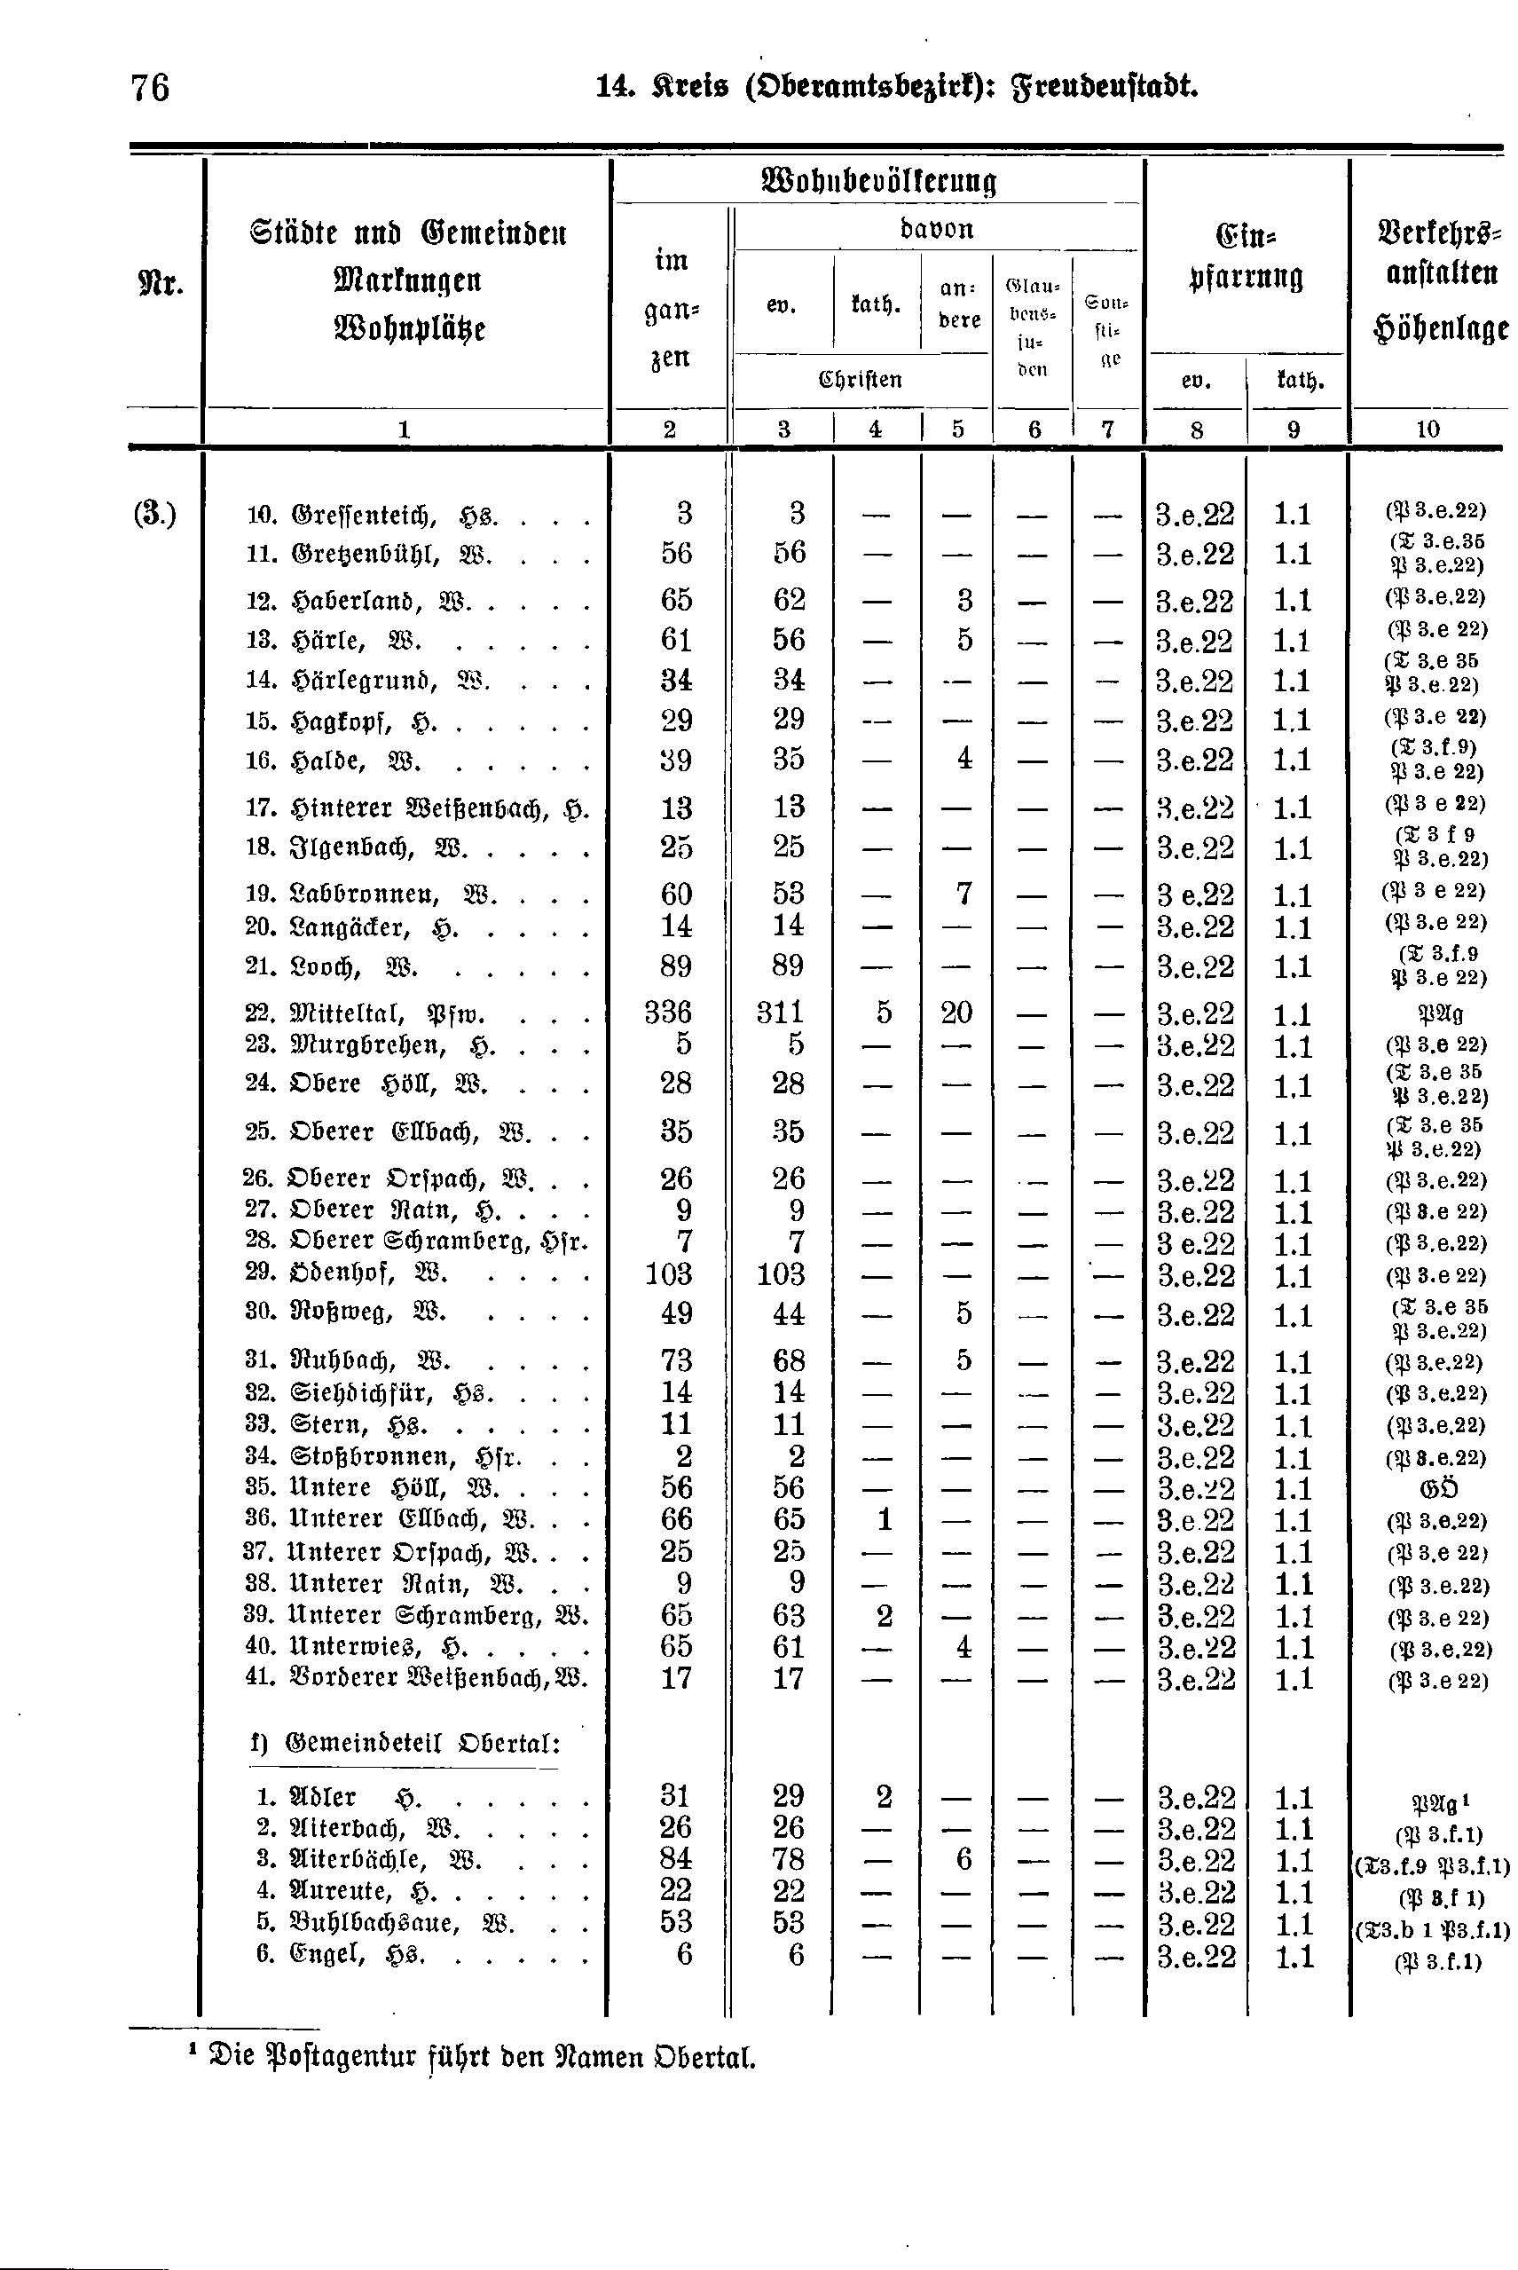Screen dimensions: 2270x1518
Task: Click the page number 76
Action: click(150, 88)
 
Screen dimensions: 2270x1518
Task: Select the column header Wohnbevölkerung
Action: click(879, 181)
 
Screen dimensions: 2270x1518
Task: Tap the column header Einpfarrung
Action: click(1245, 257)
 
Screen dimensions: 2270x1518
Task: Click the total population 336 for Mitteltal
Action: click(668, 1013)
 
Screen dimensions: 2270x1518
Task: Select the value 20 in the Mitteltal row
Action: click(956, 1013)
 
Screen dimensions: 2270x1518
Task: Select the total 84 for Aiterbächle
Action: click(676, 1859)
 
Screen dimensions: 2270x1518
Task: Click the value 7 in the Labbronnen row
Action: click(963, 894)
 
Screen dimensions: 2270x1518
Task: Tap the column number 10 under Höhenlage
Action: click(1428, 429)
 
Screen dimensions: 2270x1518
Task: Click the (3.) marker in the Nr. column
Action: click(155, 513)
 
